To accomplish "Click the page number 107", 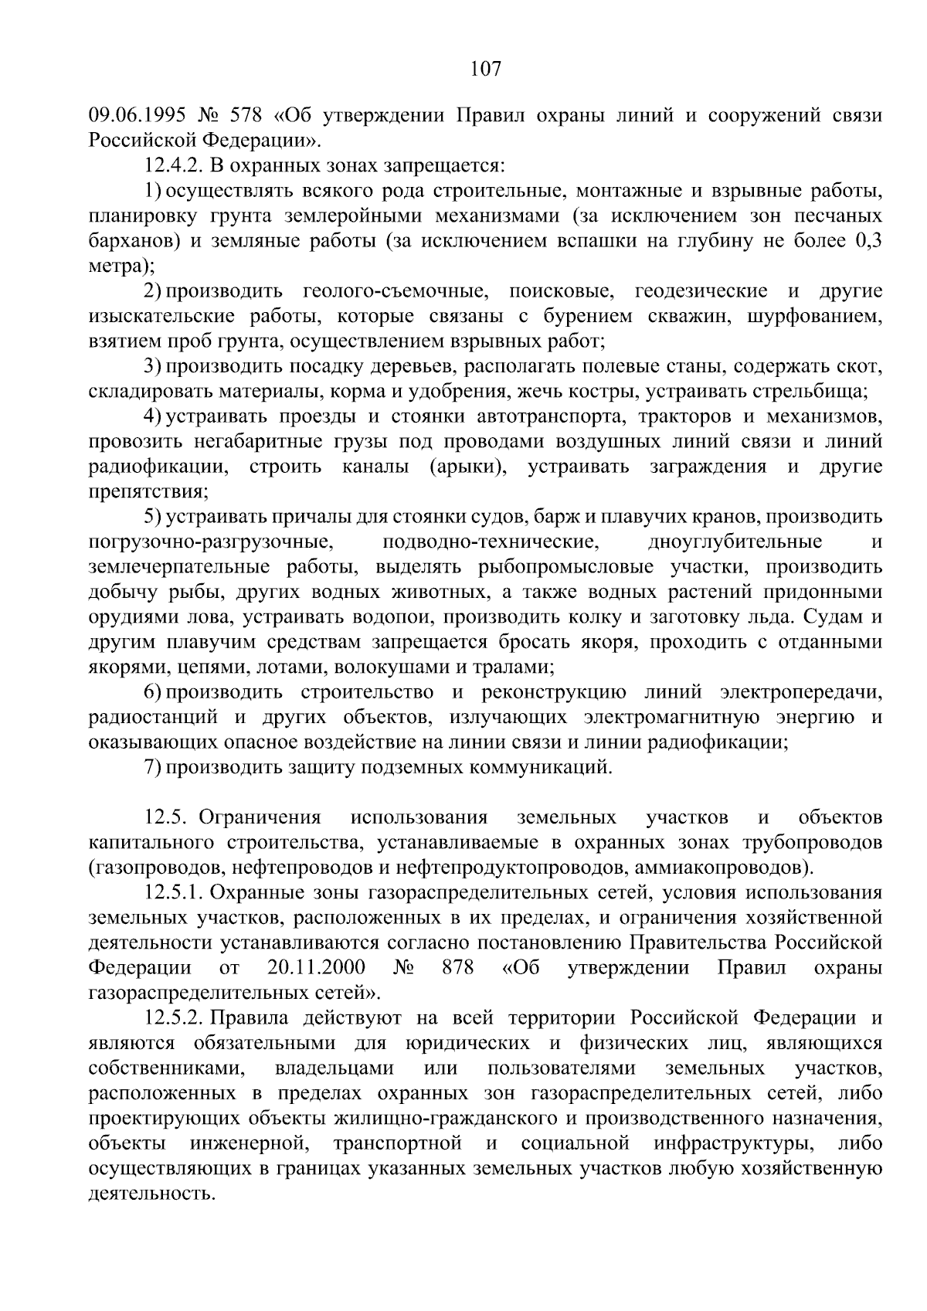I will [486, 70].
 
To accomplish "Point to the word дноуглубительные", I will [735, 542].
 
